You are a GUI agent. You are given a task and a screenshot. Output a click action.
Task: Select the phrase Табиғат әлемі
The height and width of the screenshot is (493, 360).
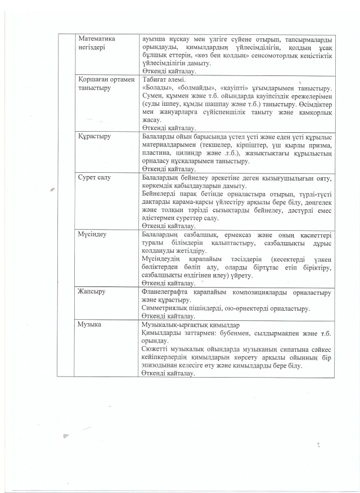pyautogui.click(x=163, y=80)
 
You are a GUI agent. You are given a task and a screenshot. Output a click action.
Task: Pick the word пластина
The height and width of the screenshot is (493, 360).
pyautogui.click(x=157, y=153)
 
